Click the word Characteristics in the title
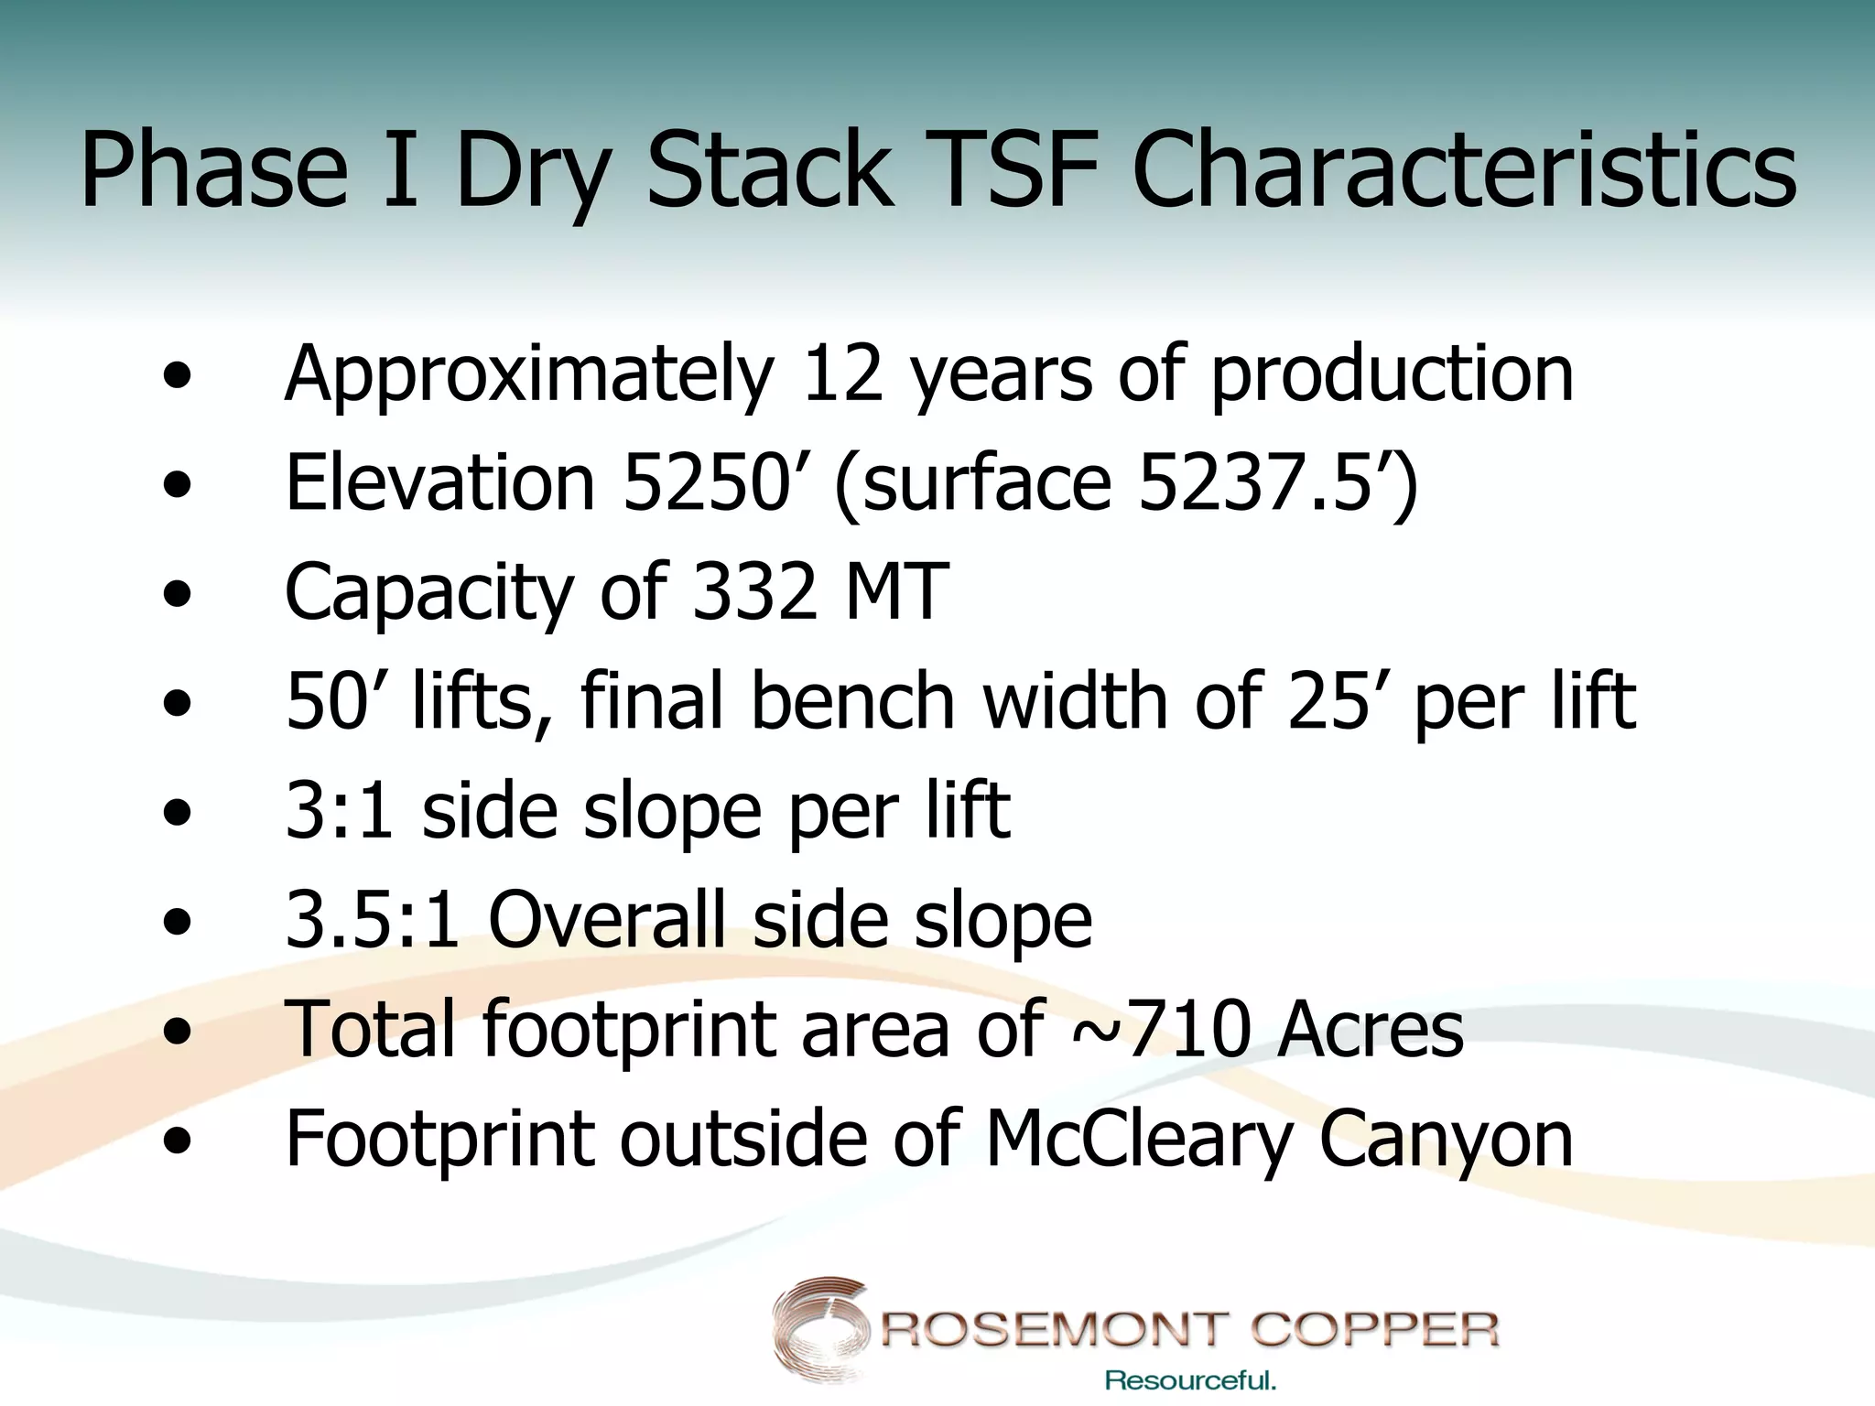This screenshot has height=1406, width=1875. click(1464, 171)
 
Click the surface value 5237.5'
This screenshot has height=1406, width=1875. click(1267, 482)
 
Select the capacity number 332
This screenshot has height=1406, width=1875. click(754, 591)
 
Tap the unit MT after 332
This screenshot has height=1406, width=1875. click(896, 591)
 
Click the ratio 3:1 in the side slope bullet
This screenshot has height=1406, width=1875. click(340, 810)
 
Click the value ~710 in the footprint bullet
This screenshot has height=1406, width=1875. click(1160, 1029)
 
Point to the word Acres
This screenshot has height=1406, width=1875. click(1371, 1029)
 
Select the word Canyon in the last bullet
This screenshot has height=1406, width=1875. click(1446, 1139)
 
